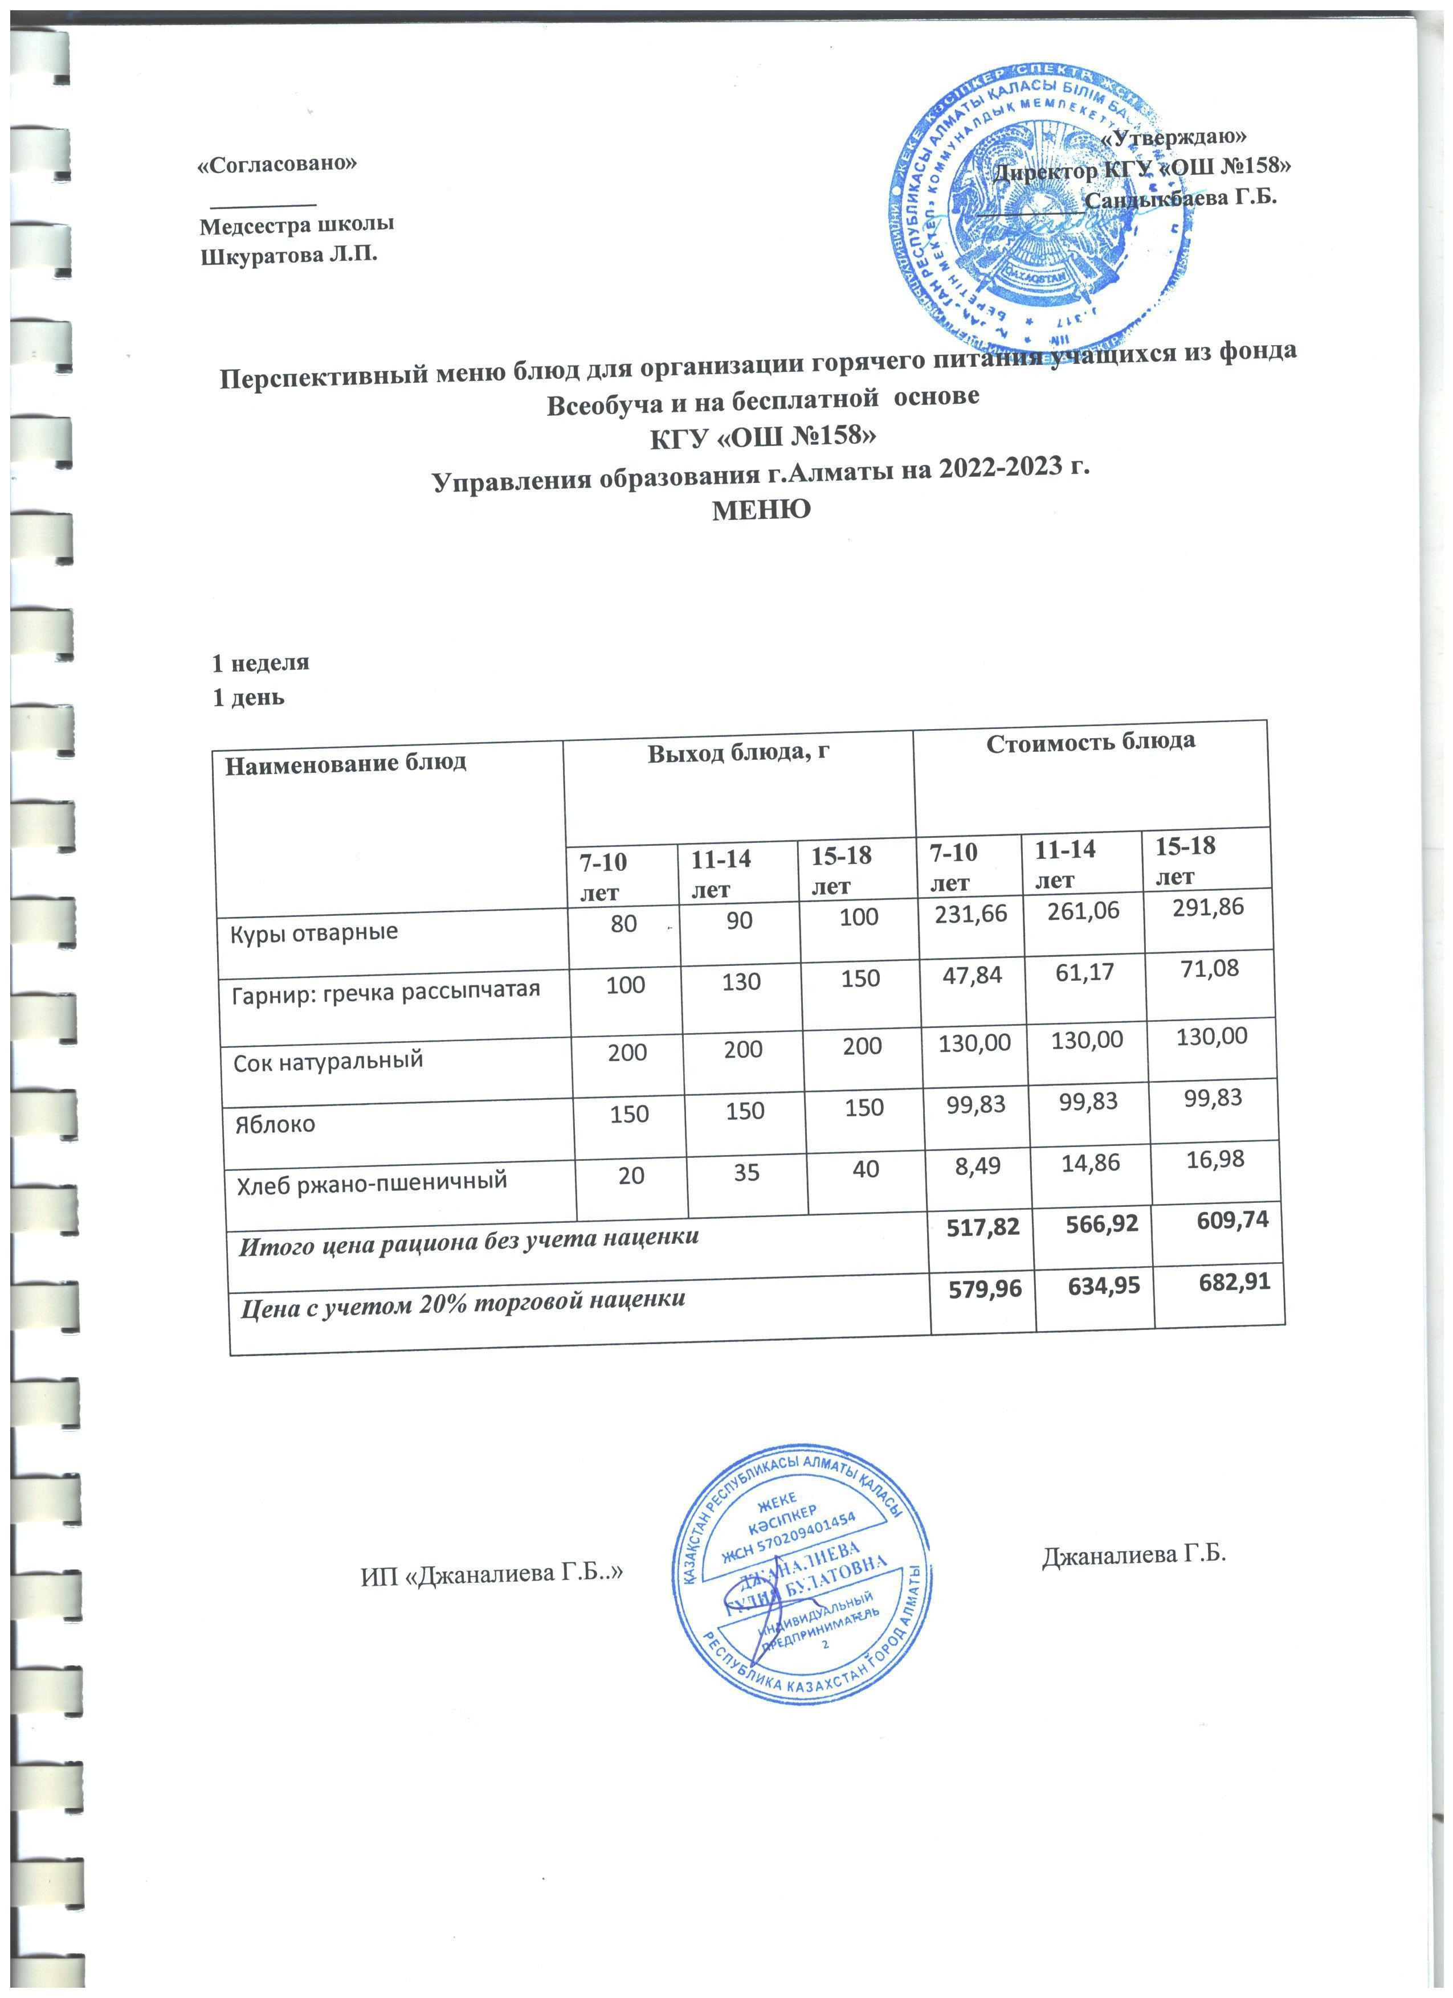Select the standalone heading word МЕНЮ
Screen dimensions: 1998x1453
[761, 509]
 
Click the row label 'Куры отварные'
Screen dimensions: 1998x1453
[314, 932]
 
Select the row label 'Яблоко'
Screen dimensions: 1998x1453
[275, 1125]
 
